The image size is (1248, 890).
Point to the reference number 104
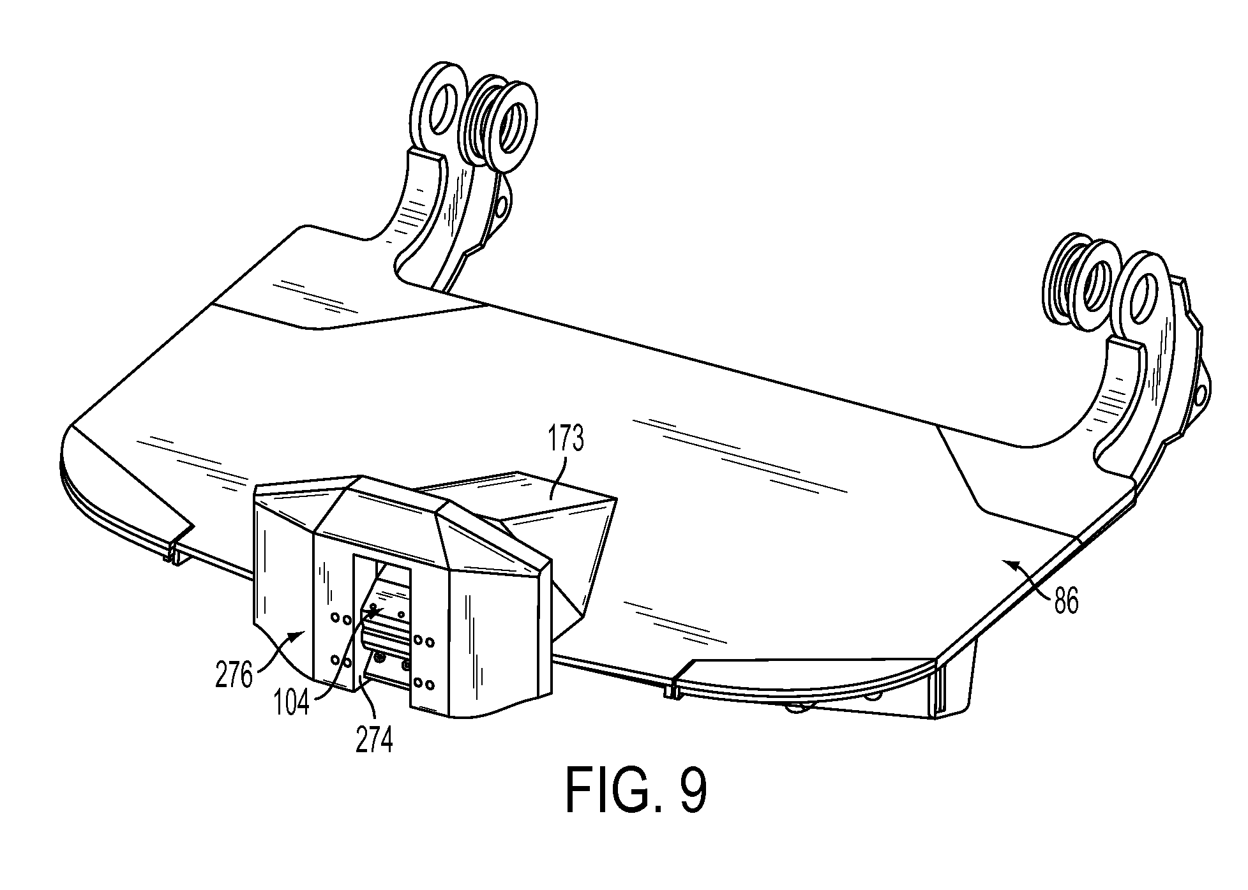pyautogui.click(x=292, y=701)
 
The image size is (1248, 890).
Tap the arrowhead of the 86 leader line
pyautogui.click(x=1004, y=562)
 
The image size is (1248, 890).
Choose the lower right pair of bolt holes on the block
pyautogui.click(x=424, y=685)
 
